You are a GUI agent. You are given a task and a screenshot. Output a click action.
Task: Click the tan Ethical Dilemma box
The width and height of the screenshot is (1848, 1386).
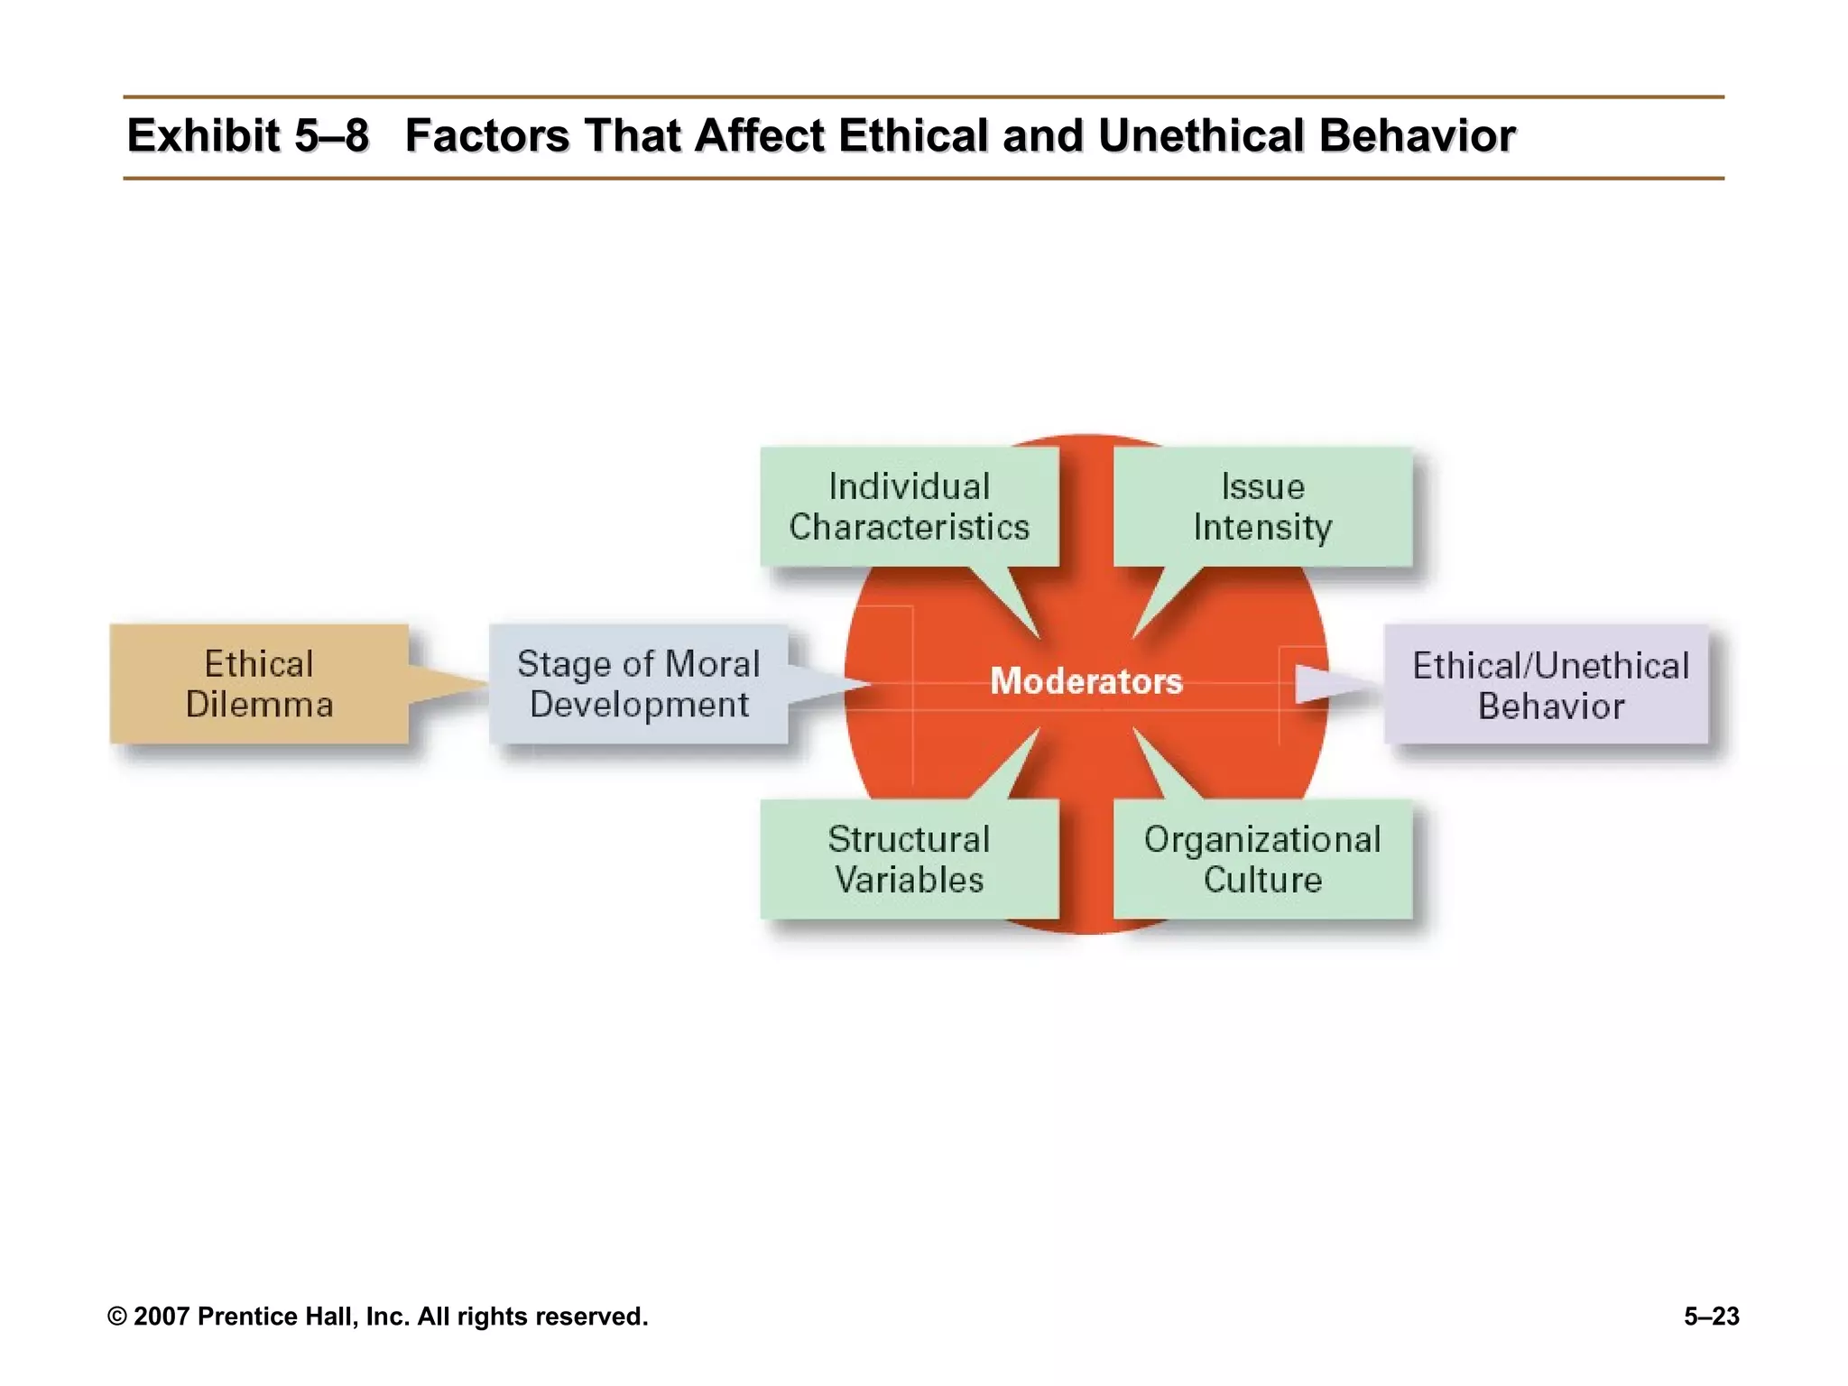coord(259,684)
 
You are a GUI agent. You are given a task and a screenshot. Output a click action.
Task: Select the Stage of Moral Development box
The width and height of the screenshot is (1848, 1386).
coord(639,684)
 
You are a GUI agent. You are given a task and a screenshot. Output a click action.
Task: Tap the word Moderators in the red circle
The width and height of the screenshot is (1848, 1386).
coord(1086,680)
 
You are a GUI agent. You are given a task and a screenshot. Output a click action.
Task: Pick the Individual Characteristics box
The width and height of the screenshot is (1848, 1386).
coord(909,506)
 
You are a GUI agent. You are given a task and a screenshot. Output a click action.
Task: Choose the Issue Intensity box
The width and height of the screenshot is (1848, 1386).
coord(1262,506)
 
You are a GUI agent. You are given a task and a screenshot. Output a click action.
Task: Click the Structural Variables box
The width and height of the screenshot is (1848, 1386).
coord(909,859)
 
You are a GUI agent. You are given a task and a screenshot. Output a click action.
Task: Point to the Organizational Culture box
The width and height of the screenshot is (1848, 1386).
coord(1262,859)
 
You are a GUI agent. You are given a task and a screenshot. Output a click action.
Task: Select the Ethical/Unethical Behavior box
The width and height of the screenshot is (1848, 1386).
coord(1549,685)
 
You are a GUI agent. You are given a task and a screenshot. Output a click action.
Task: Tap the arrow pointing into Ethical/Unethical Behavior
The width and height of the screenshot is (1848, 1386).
coord(1331,684)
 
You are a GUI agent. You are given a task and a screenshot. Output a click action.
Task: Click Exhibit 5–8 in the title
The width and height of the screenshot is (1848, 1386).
coord(248,136)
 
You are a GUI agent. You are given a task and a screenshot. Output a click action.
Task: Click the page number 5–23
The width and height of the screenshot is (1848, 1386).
coord(1711,1317)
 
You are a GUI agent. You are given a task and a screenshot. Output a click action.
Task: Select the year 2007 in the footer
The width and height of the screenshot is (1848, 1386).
coord(162,1317)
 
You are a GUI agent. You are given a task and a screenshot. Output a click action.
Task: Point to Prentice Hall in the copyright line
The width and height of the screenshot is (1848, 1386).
coord(276,1317)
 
